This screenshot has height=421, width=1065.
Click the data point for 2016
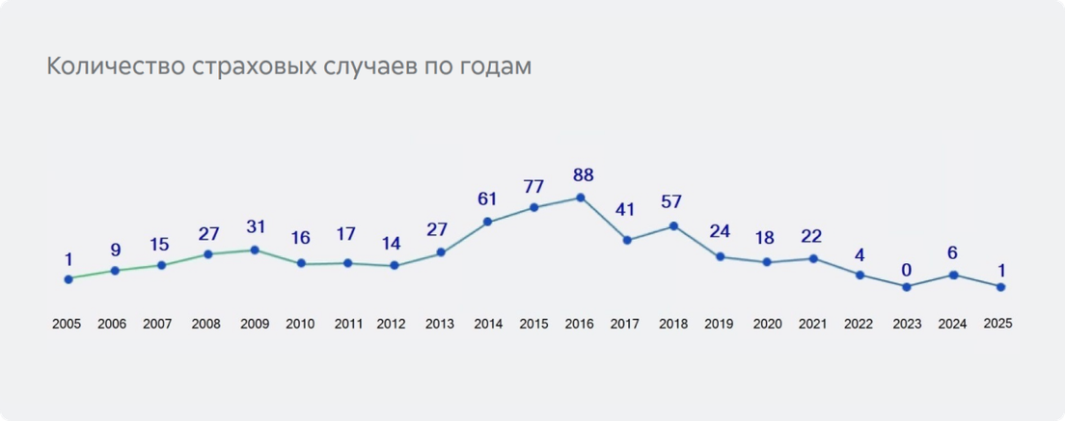pyautogui.click(x=580, y=197)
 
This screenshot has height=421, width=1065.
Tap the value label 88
pyautogui.click(x=583, y=175)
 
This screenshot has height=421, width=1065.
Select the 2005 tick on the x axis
pyautogui.click(x=67, y=325)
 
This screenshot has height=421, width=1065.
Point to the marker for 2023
pyautogui.click(x=906, y=287)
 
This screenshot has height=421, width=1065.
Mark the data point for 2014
pyautogui.click(x=487, y=223)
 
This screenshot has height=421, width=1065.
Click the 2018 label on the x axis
pyautogui.click(x=673, y=325)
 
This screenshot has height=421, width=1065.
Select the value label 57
pyautogui.click(x=672, y=202)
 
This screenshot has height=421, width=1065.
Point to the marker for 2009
pyautogui.click(x=255, y=250)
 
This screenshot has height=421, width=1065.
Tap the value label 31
pyautogui.click(x=254, y=226)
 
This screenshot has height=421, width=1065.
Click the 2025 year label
pyautogui.click(x=997, y=324)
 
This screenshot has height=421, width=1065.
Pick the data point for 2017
pyautogui.click(x=627, y=240)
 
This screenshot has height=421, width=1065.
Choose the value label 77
pyautogui.click(x=534, y=185)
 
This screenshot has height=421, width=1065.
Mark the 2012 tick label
pyautogui.click(x=392, y=325)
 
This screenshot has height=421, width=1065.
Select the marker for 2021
pyautogui.click(x=813, y=258)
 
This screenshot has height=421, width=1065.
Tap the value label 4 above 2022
pyautogui.click(x=860, y=255)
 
